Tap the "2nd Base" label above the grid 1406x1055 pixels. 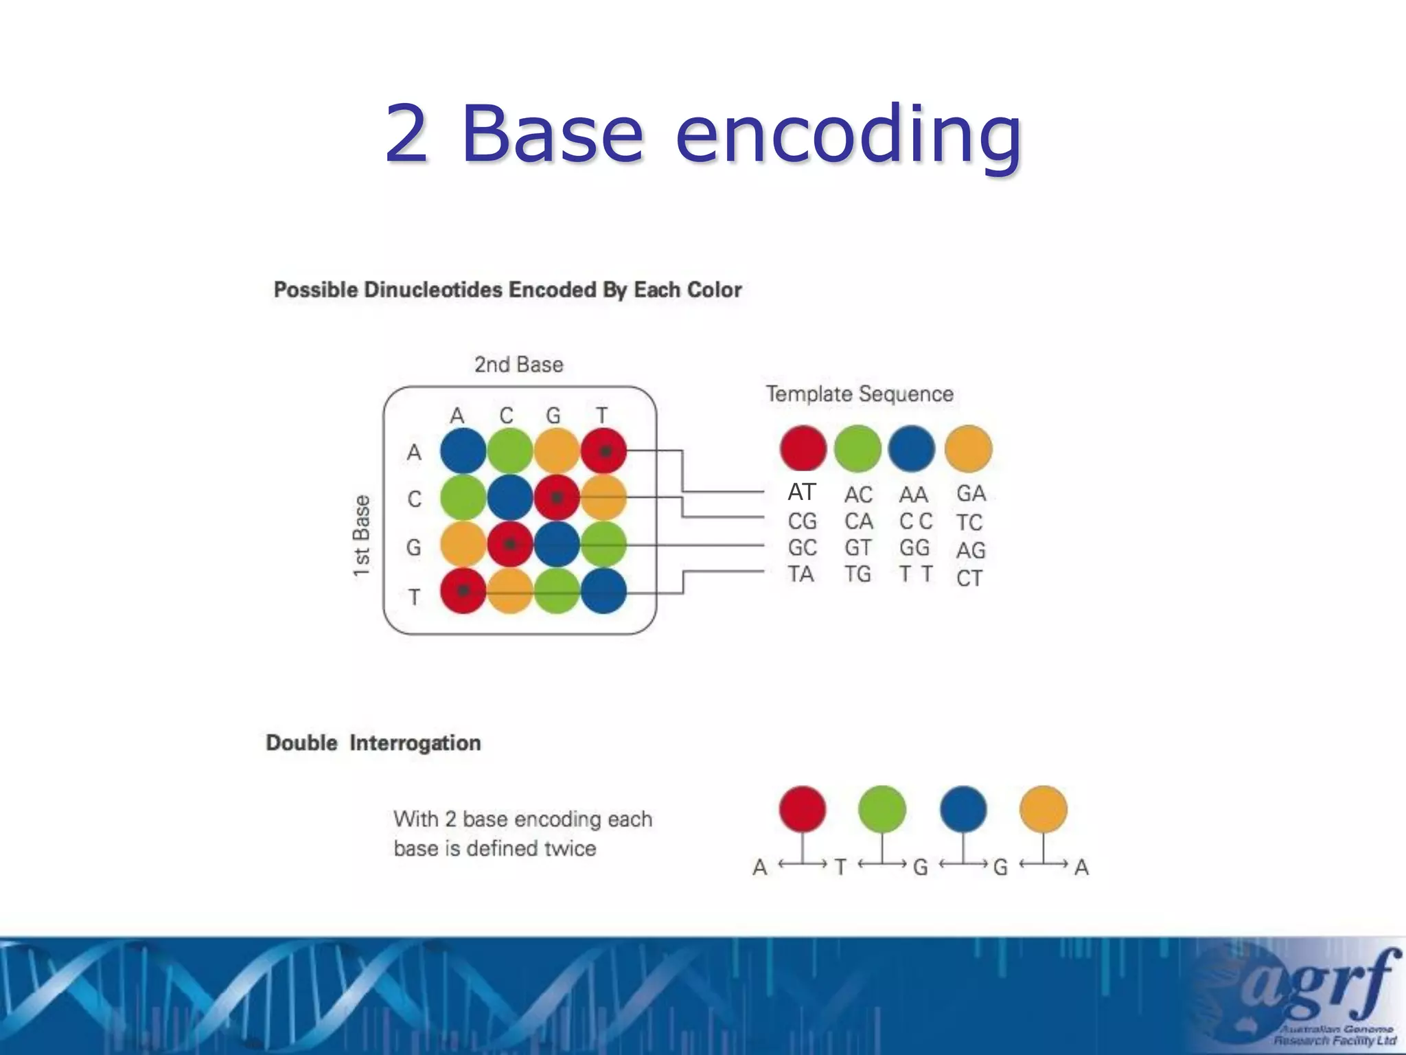pyautogui.click(x=519, y=364)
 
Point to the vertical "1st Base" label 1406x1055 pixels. pyautogui.click(x=361, y=536)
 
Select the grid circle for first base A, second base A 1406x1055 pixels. pyautogui.click(x=463, y=451)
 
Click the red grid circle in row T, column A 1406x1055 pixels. pyautogui.click(x=463, y=591)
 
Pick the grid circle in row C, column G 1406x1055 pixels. pyautogui.click(x=557, y=497)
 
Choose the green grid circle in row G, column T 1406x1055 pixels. pyautogui.click(x=603, y=544)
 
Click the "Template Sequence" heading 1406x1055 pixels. pyautogui.click(x=860, y=394)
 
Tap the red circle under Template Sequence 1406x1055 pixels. pyautogui.click(x=803, y=449)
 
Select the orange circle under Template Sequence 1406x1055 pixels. pyautogui.click(x=968, y=449)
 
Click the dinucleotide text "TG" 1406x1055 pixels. pyautogui.click(x=858, y=574)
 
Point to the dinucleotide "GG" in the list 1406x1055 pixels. pyautogui.click(x=914, y=547)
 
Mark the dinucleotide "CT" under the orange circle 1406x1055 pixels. pyautogui.click(x=969, y=578)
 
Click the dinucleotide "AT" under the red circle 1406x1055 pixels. pyautogui.click(x=802, y=492)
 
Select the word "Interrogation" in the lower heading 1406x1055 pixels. pyautogui.click(x=415, y=743)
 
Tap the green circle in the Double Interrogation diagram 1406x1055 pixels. pyautogui.click(x=882, y=809)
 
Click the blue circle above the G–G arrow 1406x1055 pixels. pyautogui.click(x=963, y=809)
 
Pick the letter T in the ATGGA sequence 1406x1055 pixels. pyautogui.click(x=840, y=867)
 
